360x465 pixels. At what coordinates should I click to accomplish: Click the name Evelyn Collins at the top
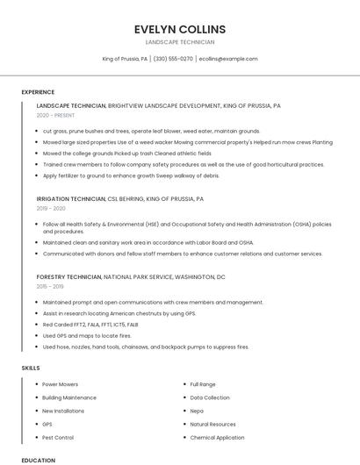tap(179, 29)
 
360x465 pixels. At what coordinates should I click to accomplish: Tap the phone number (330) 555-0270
tap(173, 59)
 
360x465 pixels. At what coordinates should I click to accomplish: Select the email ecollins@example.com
tap(228, 59)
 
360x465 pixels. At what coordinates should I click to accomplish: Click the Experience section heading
tap(38, 92)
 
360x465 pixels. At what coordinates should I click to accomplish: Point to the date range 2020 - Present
tap(55, 115)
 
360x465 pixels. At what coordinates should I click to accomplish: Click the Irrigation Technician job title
tap(70, 199)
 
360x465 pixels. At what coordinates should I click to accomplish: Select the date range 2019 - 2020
tap(51, 209)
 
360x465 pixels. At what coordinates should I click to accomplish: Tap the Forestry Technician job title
tap(68, 276)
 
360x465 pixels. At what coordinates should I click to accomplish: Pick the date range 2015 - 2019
tap(51, 286)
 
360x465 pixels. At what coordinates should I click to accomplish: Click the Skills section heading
tap(31, 368)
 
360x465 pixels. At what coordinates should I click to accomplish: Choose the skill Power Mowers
tap(60, 384)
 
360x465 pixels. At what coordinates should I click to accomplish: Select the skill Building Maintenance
tap(69, 397)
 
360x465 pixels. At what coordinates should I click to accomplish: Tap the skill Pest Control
tap(58, 437)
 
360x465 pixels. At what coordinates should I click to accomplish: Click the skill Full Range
tap(203, 384)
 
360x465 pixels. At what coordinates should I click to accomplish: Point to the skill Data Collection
tap(210, 397)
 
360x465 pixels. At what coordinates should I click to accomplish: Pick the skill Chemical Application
tap(217, 437)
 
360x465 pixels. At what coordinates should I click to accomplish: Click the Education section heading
tap(38, 460)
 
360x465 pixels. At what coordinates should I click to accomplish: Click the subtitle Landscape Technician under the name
tap(179, 42)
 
